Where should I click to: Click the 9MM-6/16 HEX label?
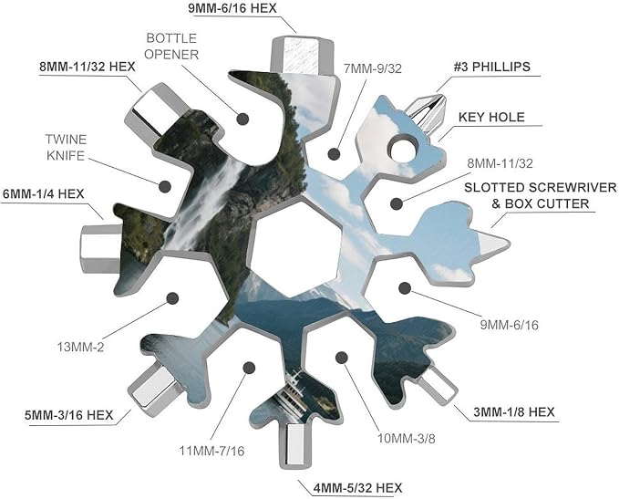(232, 8)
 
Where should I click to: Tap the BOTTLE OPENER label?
(171, 47)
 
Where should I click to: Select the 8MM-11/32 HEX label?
(88, 67)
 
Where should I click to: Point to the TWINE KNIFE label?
(66, 148)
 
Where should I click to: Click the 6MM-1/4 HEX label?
(44, 194)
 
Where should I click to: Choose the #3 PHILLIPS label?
(492, 67)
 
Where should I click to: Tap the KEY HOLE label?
(491, 117)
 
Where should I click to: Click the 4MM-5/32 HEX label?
(357, 488)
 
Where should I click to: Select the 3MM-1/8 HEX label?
(514, 412)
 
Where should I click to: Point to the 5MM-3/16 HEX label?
(68, 415)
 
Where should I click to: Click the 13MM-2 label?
(80, 348)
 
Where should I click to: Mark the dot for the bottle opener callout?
(242, 119)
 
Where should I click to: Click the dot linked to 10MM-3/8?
(342, 358)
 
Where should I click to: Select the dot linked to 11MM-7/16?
(249, 368)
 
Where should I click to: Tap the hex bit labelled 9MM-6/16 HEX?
(302, 55)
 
